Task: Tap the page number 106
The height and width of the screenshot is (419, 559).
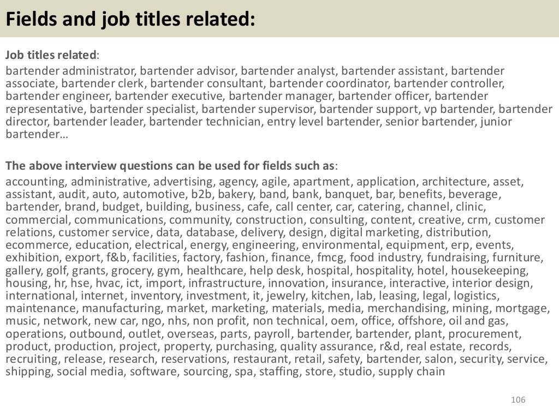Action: (x=518, y=400)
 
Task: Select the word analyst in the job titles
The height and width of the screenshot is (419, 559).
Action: (x=317, y=71)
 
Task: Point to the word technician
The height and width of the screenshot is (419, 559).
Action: (x=233, y=121)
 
